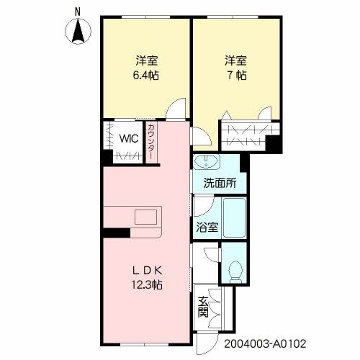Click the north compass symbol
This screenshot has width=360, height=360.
tap(79, 32)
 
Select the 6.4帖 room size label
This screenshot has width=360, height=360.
tap(144, 74)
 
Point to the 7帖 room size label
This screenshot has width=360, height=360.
tap(235, 74)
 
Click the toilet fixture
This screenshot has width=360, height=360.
tap(233, 269)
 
